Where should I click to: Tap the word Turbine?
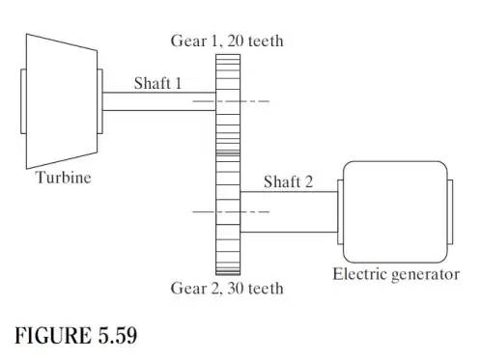64,178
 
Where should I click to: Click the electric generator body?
393,210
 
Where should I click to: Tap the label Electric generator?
396,273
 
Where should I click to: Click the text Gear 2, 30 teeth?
227,289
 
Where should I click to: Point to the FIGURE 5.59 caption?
75,336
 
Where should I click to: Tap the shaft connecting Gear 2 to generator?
288,211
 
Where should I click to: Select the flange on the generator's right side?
450,210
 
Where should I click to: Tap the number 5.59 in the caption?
115,336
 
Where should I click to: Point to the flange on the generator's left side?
337,210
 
